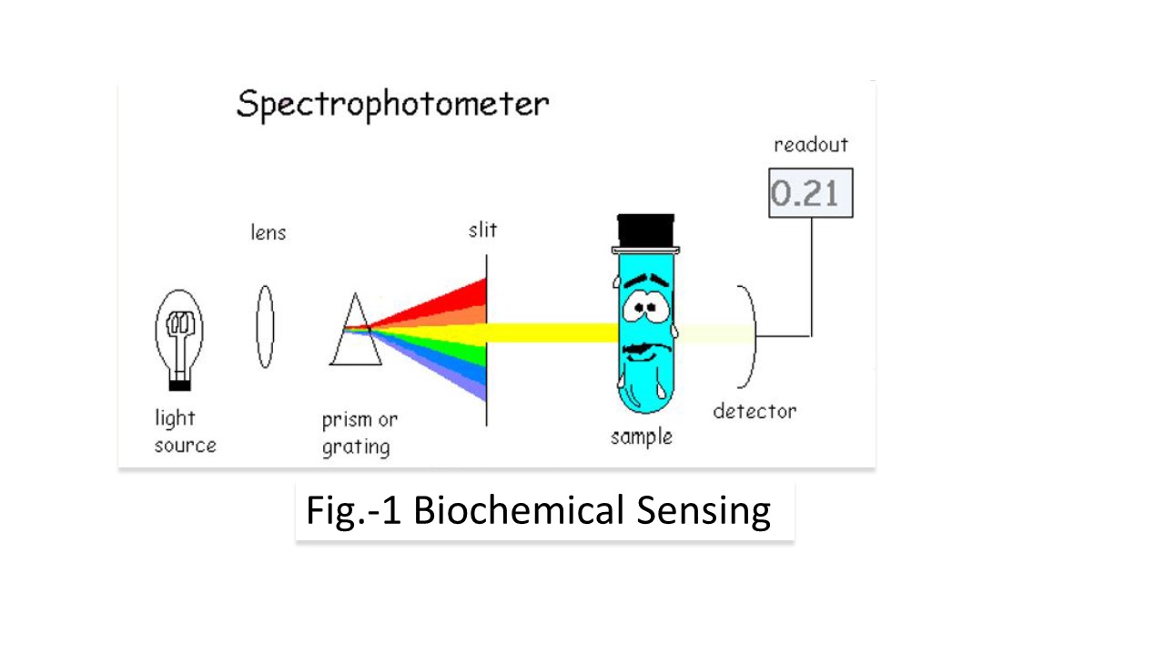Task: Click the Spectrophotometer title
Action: coord(392,105)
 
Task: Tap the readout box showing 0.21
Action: coord(811,192)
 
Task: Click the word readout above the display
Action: coord(811,145)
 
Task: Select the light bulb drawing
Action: coord(179,340)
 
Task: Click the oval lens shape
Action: coord(265,326)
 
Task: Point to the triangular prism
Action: coord(356,330)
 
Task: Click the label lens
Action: coord(268,232)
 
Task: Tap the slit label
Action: coord(482,230)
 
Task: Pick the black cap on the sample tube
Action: coord(645,231)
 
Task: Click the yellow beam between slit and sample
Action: coord(552,333)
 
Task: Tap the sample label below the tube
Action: coord(642,436)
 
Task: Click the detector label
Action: coord(755,411)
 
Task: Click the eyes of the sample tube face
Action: coord(646,308)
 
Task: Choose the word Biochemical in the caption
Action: coord(518,510)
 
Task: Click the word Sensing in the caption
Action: coord(704,512)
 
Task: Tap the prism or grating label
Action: coord(360,434)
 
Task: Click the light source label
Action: coord(185,432)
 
